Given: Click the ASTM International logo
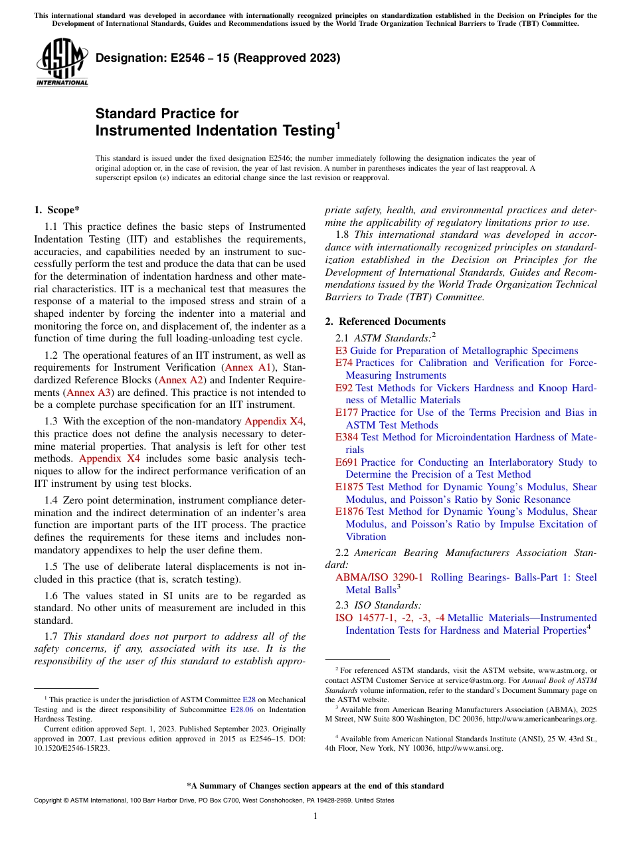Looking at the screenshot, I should tap(62, 63).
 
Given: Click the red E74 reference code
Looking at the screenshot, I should tap(344, 363).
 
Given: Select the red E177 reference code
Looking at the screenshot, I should tap(347, 413).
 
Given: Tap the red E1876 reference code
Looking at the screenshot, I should tap(349, 512).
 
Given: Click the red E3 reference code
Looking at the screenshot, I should tap(341, 351).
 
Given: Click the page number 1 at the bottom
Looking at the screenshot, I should tap(315, 816).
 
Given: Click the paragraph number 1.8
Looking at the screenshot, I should tap(343, 235).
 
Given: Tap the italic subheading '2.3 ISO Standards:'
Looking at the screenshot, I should tap(379, 605).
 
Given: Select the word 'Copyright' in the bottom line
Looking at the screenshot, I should tap(49, 800).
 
